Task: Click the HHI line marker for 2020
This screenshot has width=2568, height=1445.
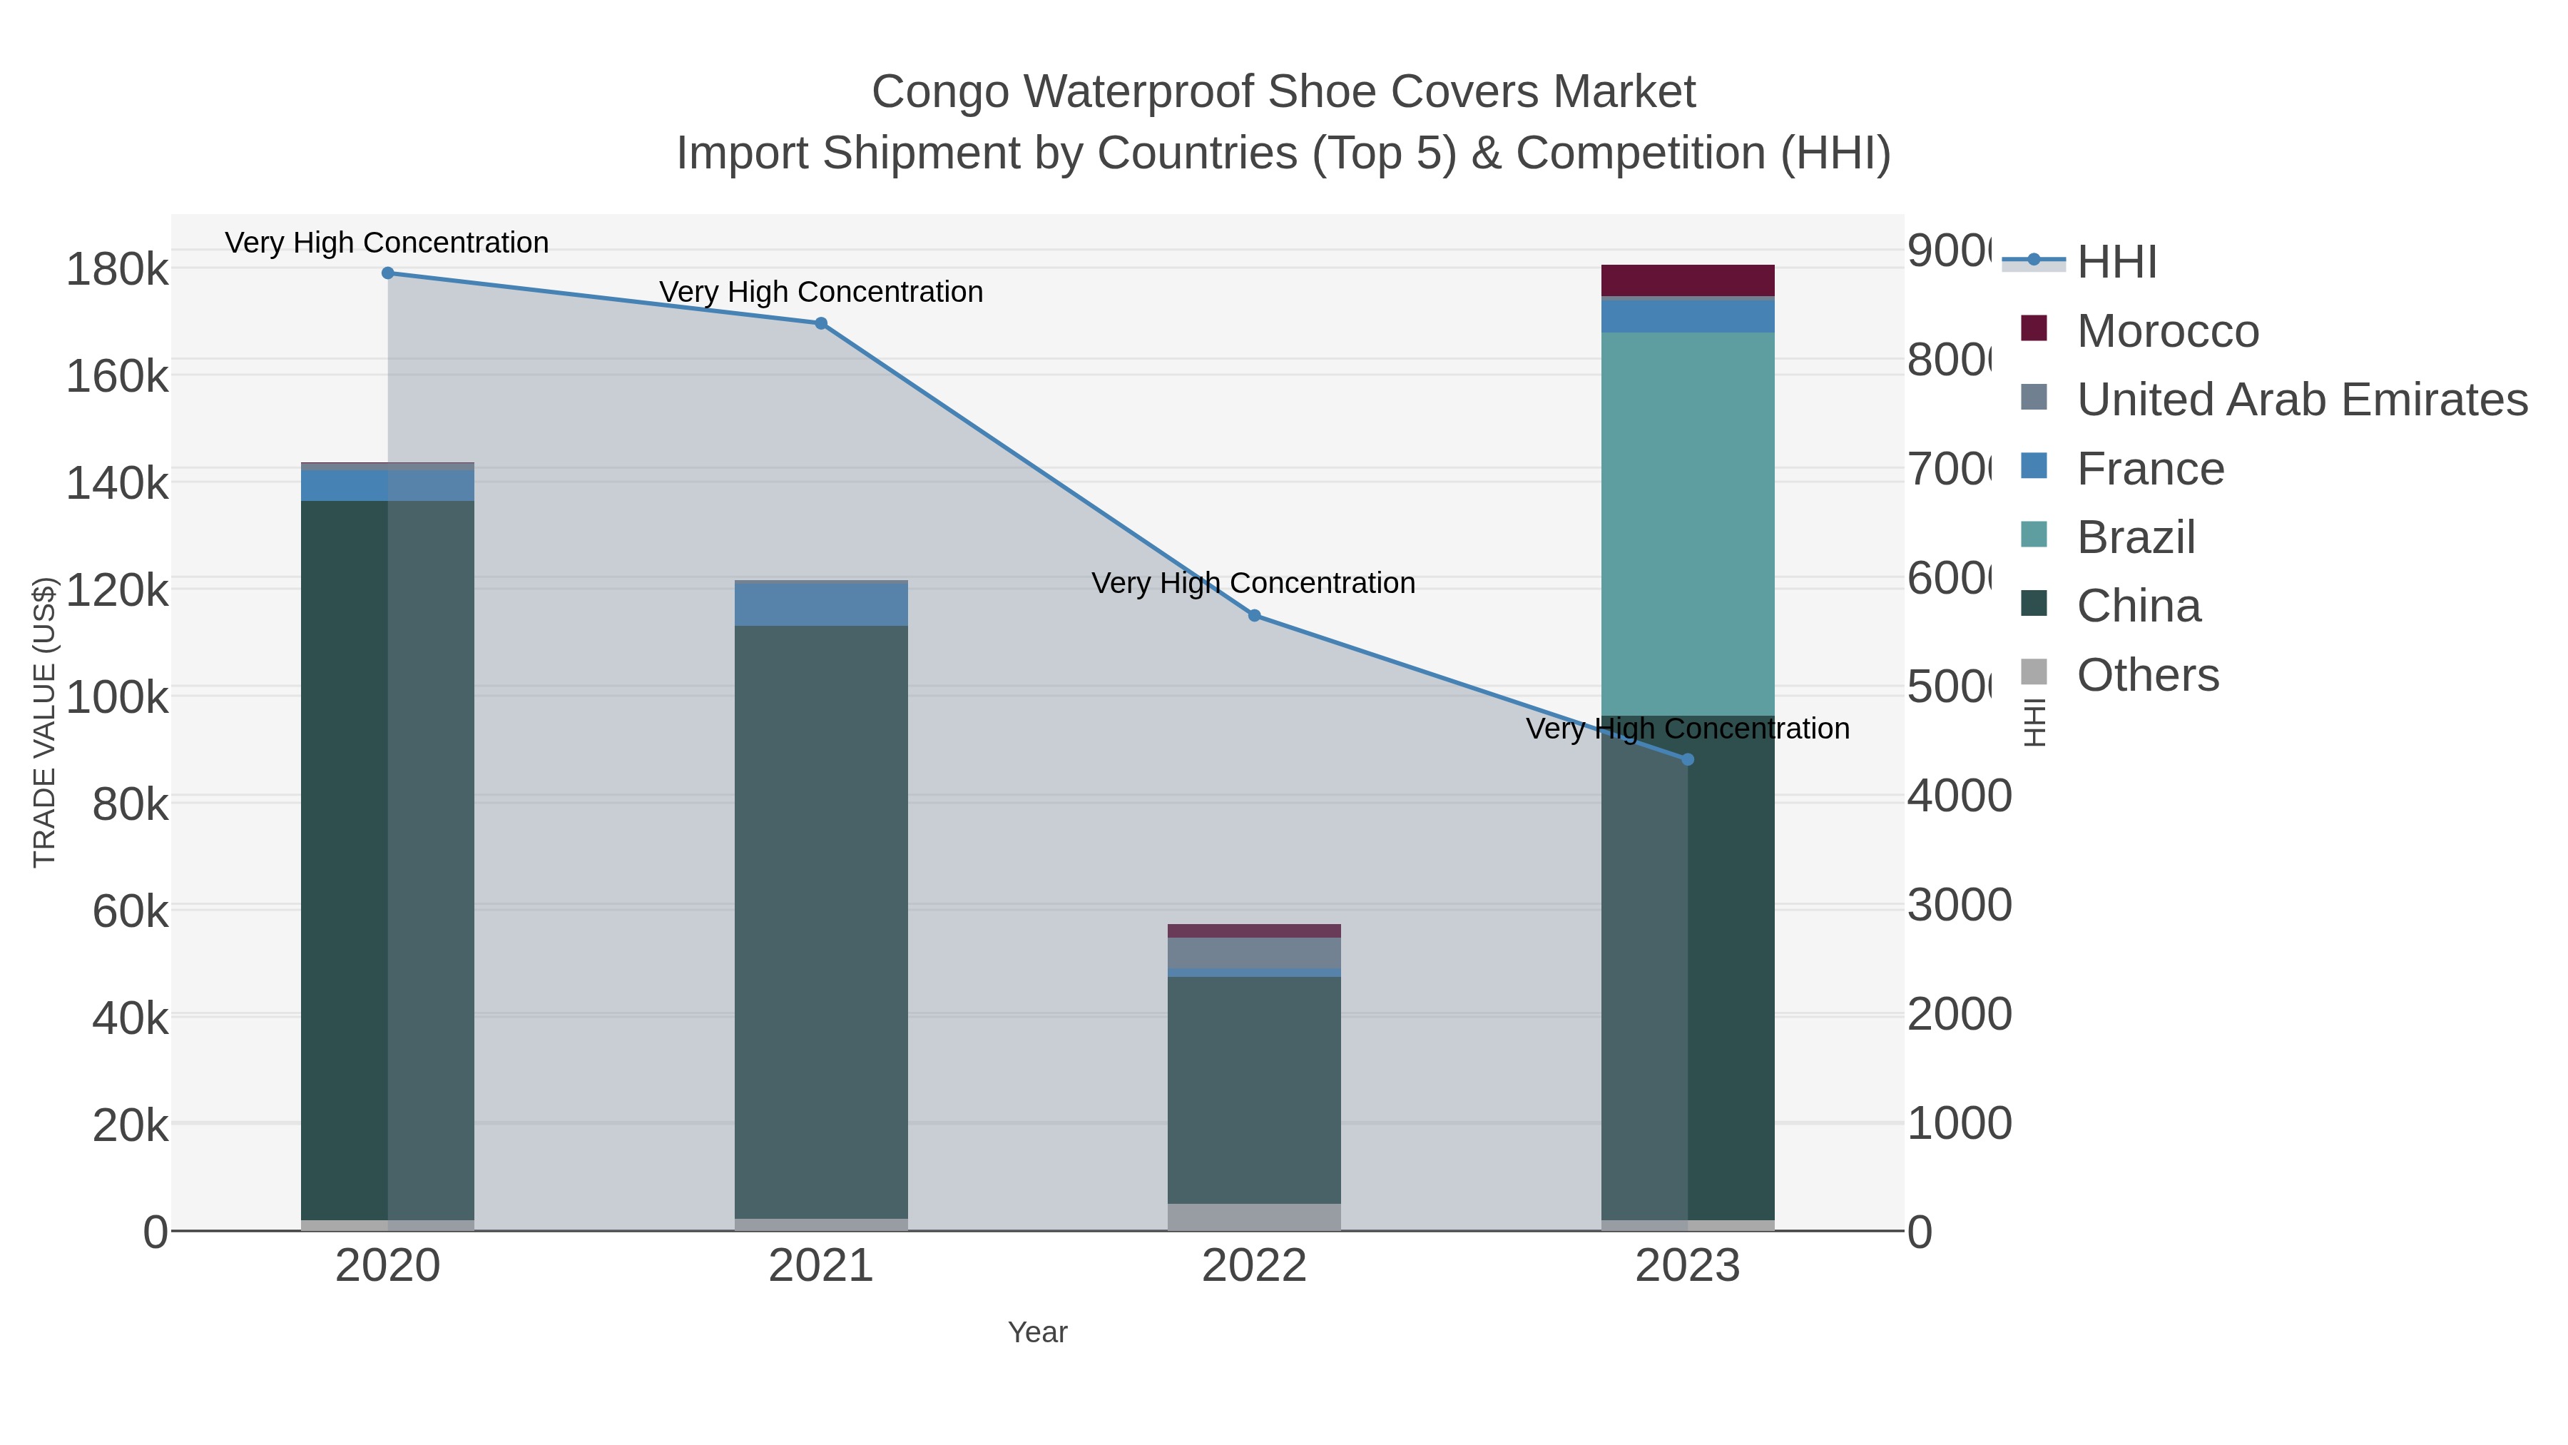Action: [388, 273]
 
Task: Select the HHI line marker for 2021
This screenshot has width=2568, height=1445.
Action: [820, 323]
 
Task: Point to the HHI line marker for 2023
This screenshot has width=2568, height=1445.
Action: [1688, 760]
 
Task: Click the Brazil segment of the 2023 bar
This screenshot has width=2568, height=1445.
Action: [1688, 524]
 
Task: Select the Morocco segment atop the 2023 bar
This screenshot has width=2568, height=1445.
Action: [1688, 280]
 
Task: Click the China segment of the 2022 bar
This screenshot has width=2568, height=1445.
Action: [1254, 1090]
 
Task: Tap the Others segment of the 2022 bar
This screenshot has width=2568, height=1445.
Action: [1254, 1217]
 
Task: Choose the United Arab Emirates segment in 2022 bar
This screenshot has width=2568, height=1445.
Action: [1254, 953]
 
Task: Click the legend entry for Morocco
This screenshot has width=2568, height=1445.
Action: [2167, 331]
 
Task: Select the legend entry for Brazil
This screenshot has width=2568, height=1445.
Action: [2135, 537]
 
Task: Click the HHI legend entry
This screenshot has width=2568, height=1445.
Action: [2116, 263]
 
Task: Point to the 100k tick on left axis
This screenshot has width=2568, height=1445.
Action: [118, 697]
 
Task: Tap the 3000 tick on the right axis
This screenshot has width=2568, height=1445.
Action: [1959, 906]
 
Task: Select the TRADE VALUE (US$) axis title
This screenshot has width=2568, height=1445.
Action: [45, 722]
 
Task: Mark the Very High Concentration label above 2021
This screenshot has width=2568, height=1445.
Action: [820, 292]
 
